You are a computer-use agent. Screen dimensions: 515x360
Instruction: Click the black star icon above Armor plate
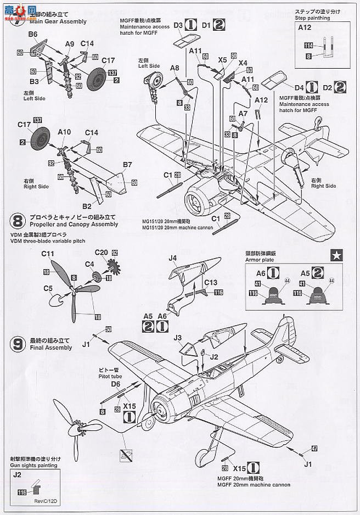coord(334,254)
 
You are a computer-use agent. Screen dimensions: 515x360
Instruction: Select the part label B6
coord(32,34)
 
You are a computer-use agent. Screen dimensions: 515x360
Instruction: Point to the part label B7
coord(127,164)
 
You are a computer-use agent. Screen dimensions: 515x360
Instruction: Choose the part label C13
coord(196,282)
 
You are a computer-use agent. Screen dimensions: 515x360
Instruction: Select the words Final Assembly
coord(51,348)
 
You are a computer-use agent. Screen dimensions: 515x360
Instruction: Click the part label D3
coord(178,25)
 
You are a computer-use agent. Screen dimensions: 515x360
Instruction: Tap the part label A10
coord(64,132)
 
